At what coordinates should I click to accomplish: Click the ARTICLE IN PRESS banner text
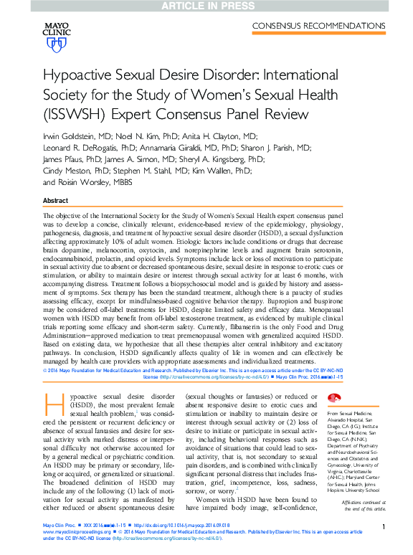tap(206, 6)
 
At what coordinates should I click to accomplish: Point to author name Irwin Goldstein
tap(73, 136)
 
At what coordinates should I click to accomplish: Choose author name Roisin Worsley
tap(89, 183)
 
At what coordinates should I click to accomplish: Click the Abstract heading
tap(56, 201)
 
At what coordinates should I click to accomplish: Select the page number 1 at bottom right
tap(384, 527)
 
